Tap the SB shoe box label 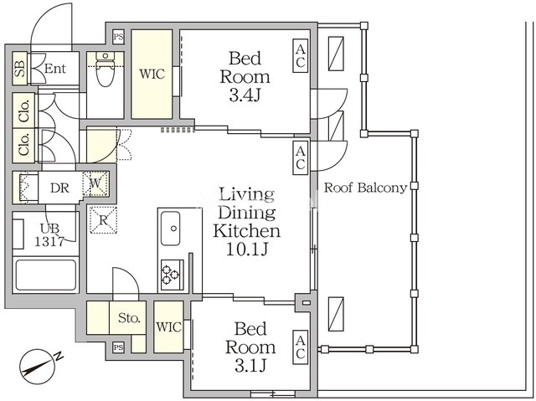coord(20,69)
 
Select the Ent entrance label coord(55,69)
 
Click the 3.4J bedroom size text coord(245,95)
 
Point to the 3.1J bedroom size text coord(250,366)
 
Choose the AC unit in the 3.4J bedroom coord(300,55)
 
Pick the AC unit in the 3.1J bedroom coord(300,347)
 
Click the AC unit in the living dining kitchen coord(300,158)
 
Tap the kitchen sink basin coord(171,229)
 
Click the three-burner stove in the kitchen coord(171,275)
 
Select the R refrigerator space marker coord(103,220)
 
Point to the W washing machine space coord(96,184)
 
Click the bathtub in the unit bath coord(45,275)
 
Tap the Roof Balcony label coord(365,188)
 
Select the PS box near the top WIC coord(118,37)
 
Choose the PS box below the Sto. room coord(118,347)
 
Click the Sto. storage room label coord(129,318)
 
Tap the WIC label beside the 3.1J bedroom coord(168,326)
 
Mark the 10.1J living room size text coord(247,249)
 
